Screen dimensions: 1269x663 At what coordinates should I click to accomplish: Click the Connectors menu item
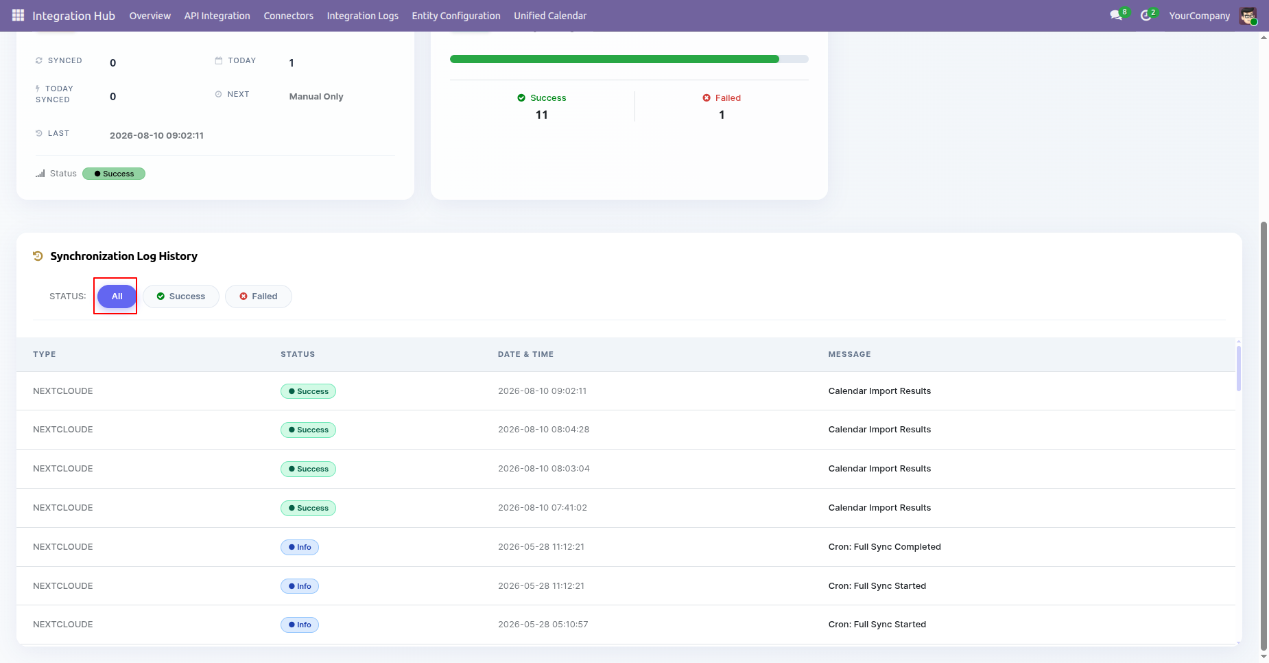[x=288, y=16]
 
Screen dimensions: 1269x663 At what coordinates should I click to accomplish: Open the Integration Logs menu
[x=362, y=16]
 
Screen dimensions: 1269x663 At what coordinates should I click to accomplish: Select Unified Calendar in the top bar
[x=550, y=16]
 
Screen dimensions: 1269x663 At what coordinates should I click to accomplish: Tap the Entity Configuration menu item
[x=456, y=16]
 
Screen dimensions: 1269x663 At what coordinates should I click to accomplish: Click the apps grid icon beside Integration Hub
[x=18, y=15]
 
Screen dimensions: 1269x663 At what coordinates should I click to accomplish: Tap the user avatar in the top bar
[x=1248, y=16]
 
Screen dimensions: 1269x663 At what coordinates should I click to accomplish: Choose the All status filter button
[x=117, y=296]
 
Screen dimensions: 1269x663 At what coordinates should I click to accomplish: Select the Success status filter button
[x=181, y=296]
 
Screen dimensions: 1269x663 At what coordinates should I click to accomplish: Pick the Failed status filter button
[x=259, y=296]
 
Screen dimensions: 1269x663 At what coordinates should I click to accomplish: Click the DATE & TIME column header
[x=525, y=354]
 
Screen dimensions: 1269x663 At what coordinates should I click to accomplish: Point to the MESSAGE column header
[x=849, y=354]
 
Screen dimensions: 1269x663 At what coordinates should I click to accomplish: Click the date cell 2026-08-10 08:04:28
[x=543, y=430]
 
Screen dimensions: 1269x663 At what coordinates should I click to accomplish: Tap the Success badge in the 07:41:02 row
[x=308, y=508]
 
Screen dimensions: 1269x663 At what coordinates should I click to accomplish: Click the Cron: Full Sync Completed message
[x=884, y=547]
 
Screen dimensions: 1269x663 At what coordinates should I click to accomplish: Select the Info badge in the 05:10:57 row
[x=300, y=625]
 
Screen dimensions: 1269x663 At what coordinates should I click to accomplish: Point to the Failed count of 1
[x=722, y=115]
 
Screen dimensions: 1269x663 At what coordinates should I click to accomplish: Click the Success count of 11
[x=542, y=115]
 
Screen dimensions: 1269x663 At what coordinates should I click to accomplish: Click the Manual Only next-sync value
[x=316, y=97]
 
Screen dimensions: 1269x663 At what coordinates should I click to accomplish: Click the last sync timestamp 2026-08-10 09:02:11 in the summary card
[x=156, y=135]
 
